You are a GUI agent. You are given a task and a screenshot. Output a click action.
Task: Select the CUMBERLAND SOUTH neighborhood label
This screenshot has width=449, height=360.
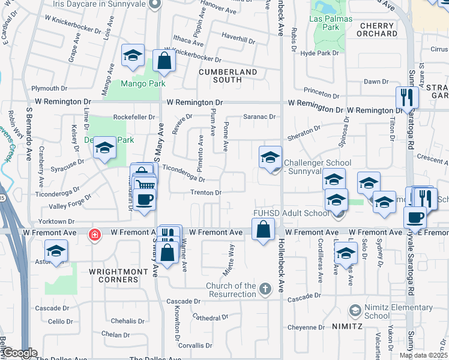228,76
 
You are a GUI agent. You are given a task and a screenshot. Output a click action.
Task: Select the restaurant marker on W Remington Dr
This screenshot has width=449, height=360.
408,97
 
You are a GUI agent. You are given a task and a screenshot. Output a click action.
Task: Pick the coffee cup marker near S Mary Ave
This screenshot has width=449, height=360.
145,200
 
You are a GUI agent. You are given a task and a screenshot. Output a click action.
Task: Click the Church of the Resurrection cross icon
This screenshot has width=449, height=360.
264,290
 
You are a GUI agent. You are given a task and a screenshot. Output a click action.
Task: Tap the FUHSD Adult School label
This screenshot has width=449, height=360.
291,213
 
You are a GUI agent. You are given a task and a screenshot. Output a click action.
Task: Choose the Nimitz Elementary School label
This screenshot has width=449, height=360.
398,311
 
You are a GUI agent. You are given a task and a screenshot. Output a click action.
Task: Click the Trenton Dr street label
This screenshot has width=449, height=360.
206,193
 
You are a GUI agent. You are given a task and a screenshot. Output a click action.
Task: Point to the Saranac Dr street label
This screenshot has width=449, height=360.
259,117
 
